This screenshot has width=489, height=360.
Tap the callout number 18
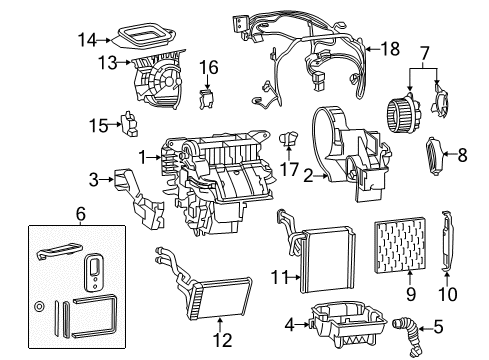(389, 47)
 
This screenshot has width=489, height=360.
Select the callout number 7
(424, 51)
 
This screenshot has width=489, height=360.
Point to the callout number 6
(79, 214)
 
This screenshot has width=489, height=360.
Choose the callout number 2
(309, 176)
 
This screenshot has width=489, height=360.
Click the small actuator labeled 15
(129, 125)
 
